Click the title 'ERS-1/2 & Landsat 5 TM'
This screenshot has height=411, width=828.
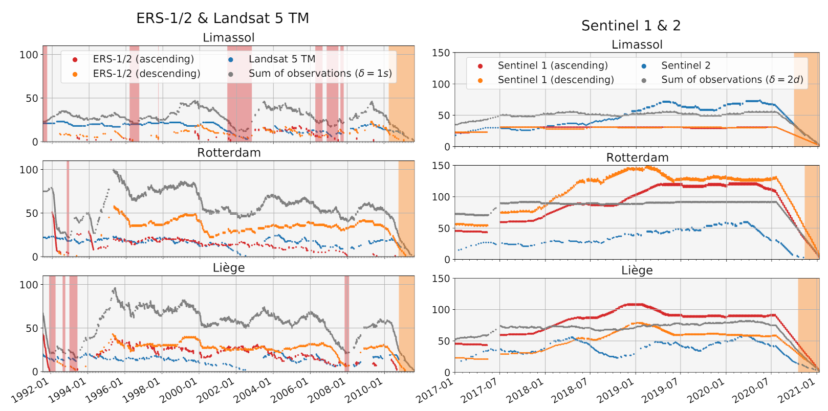(x=223, y=18)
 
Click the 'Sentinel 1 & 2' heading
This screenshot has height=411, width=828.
(x=630, y=26)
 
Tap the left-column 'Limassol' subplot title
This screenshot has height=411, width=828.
(x=228, y=38)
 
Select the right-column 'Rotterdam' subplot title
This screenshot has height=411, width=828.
(x=637, y=157)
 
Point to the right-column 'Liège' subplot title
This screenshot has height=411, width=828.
(x=637, y=270)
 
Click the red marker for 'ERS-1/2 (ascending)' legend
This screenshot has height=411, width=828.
(x=75, y=60)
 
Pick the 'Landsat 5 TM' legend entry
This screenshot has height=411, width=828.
(x=281, y=59)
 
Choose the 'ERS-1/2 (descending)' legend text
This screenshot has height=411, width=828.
(x=146, y=74)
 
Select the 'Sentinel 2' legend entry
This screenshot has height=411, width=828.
(x=685, y=65)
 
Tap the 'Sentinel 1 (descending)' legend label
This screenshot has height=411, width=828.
(x=555, y=80)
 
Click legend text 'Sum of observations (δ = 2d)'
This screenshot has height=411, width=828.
(x=732, y=80)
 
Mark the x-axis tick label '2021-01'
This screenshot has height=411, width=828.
(x=796, y=391)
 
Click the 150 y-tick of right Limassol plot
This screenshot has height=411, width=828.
(x=441, y=53)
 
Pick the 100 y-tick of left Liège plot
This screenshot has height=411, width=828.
(x=29, y=285)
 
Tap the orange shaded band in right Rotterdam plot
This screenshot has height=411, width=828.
(x=812, y=212)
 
